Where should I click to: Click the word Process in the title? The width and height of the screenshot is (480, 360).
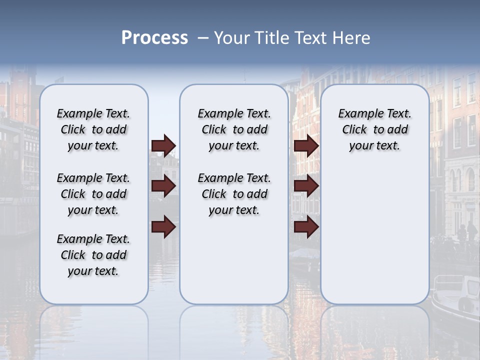point(154,38)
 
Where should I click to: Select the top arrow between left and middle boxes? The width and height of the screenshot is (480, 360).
point(163,146)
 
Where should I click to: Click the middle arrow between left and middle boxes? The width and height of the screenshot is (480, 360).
point(163,186)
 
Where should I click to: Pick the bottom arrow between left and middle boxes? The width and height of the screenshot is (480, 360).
point(163,227)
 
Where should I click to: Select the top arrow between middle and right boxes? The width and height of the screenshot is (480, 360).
point(306,146)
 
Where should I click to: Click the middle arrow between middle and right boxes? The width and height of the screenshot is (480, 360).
point(306,186)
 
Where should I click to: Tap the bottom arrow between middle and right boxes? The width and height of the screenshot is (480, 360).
point(306,227)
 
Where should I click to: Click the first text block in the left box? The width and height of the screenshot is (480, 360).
point(93,129)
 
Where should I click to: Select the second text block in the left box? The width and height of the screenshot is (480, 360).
point(93,194)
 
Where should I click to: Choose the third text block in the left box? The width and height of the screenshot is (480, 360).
point(93,255)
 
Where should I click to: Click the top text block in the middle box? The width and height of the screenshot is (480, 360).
point(234,129)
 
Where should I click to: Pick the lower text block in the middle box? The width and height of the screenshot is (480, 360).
point(234,194)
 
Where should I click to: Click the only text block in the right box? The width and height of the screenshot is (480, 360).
point(374,129)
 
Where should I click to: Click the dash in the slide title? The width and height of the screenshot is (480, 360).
point(203,38)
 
